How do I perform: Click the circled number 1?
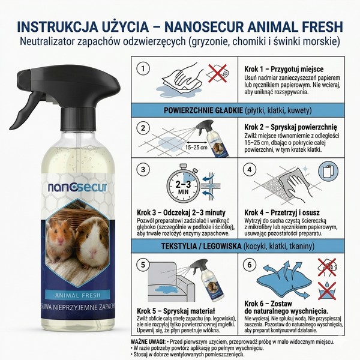(x=142, y=69)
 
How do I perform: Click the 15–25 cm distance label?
(x=197, y=146)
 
